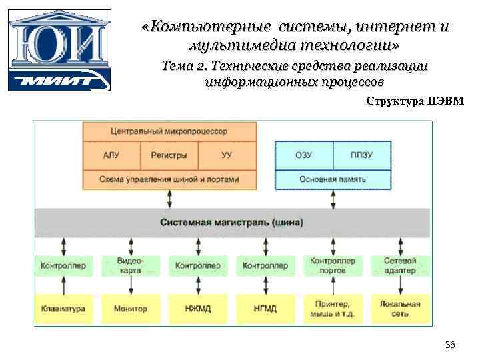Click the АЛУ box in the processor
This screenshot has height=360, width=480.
pos(111,155)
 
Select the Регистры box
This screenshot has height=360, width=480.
pos(169,155)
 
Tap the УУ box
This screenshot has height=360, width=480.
pos(227,155)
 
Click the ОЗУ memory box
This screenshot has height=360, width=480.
pos(303,155)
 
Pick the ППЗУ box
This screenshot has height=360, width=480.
pos(361,155)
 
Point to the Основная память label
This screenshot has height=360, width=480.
pos(333,179)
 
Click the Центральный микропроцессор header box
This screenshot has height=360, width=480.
pos(169,131)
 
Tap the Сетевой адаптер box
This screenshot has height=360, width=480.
pos(400,265)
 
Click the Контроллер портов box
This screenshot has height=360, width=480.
pos(332,265)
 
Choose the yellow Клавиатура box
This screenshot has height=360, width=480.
pos(63,309)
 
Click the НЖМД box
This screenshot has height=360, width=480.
pos(197,309)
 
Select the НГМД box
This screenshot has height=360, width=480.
pos(265,309)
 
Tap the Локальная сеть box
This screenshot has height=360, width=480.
pos(400,309)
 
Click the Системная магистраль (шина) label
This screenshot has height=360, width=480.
pos(231,221)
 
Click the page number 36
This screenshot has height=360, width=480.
pos(449,345)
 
